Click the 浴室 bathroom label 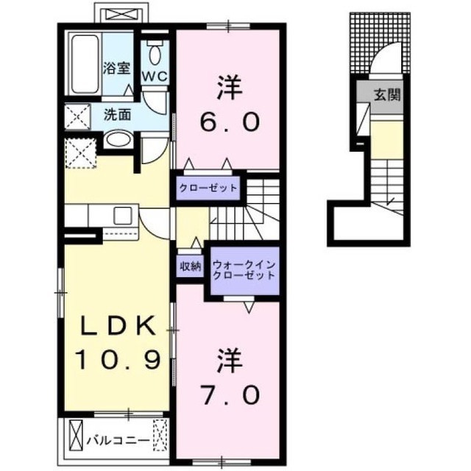[x=116, y=68]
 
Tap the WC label [x=155, y=77]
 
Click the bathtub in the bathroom [x=85, y=64]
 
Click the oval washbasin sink [x=118, y=140]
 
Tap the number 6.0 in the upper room [x=230, y=122]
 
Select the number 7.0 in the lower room [x=230, y=395]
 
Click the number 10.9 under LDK [x=118, y=360]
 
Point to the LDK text [x=118, y=325]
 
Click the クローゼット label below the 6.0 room [x=208, y=188]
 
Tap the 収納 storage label [x=191, y=266]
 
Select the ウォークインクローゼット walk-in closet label [x=244, y=270]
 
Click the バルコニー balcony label [x=118, y=441]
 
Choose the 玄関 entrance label [x=387, y=95]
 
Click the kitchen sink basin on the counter [x=123, y=216]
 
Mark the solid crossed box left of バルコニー [x=76, y=435]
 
